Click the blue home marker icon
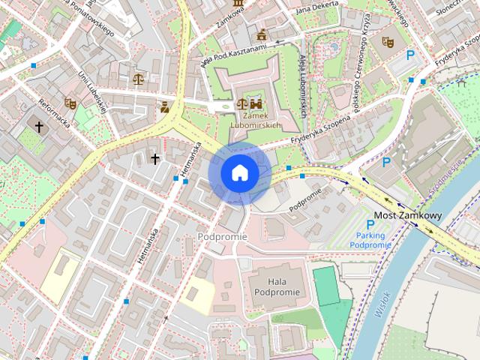(239, 173)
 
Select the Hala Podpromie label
(277, 286)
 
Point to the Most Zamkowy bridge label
(408, 215)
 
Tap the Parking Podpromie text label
(370, 240)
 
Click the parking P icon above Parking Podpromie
(370, 224)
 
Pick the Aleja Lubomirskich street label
(303, 86)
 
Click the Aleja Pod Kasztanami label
(235, 55)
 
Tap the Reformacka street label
(55, 113)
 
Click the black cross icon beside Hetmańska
(155, 158)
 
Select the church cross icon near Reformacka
(39, 127)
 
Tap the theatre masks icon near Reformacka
(70, 103)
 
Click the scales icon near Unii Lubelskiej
(138, 78)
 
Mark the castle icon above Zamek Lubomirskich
(256, 104)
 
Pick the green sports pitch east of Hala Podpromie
(325, 286)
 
